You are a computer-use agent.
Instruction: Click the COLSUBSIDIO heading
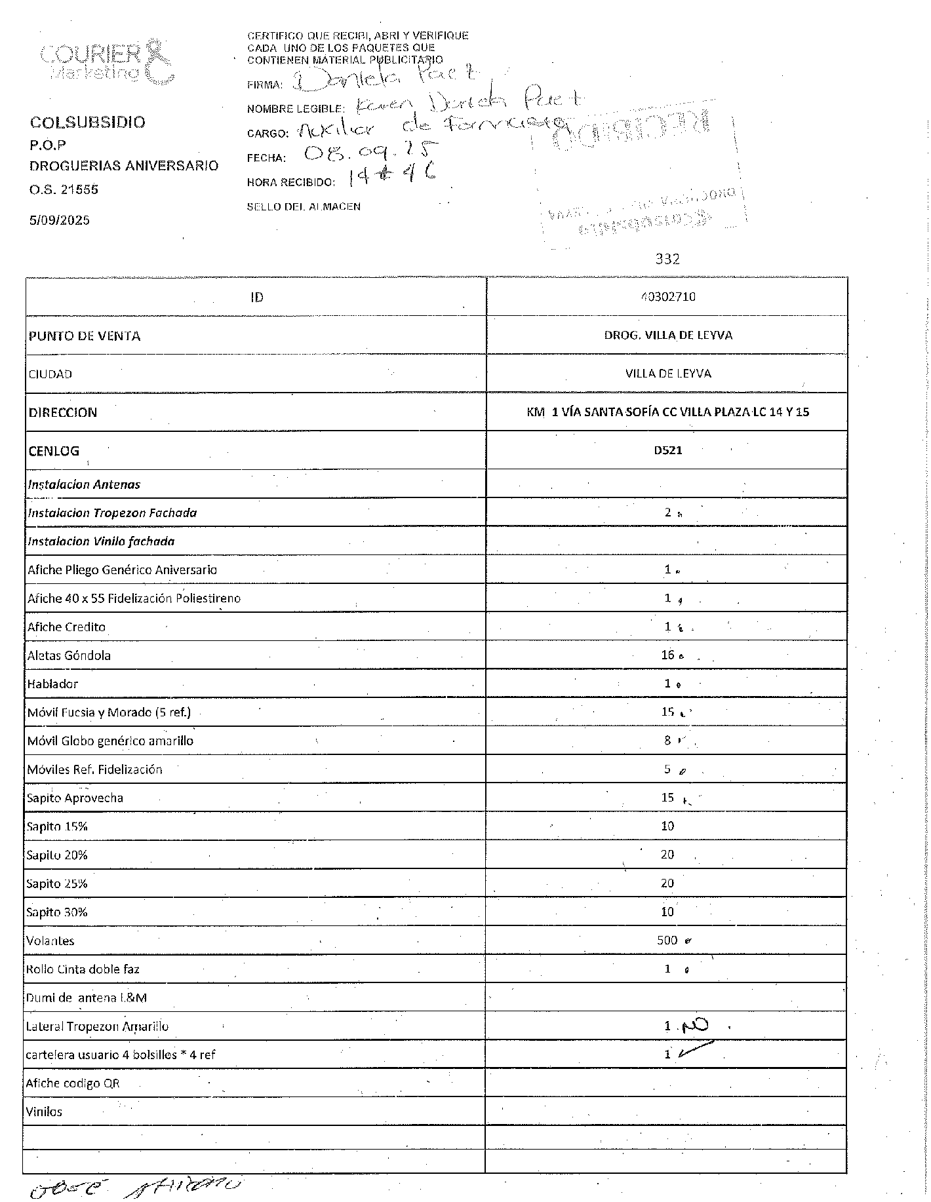88,123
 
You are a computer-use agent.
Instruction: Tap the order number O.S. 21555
64,189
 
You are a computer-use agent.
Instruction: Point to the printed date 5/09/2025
59,220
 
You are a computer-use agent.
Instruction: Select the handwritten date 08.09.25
371,154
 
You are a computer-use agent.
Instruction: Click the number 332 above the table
667,259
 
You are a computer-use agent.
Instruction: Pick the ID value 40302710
667,297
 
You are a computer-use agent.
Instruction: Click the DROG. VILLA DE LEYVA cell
667,336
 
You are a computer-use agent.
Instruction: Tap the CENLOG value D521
667,451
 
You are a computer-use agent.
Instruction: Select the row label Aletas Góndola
69,655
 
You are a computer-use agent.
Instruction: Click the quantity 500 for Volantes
667,940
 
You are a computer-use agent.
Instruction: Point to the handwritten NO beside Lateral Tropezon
696,1025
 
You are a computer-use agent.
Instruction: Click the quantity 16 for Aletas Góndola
667,655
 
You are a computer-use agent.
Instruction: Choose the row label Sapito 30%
57,912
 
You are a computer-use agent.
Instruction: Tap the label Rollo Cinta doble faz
83,969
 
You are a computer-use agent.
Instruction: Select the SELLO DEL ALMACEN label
304,206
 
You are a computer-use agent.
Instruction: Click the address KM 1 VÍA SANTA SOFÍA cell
667,412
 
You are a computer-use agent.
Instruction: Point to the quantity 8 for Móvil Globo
667,741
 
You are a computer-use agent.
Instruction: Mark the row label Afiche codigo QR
73,1083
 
